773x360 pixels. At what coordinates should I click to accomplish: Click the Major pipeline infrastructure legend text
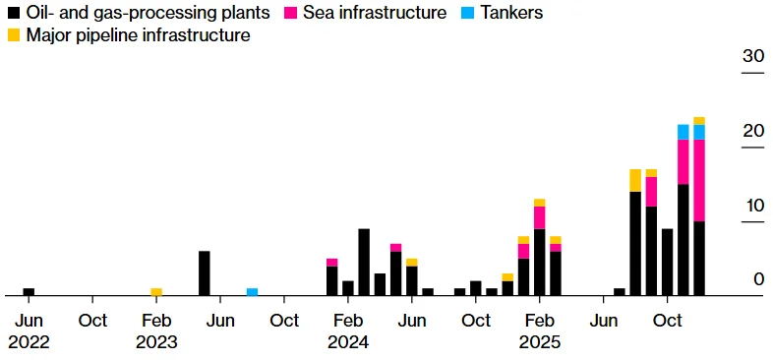point(138,35)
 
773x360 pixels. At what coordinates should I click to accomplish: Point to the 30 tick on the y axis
point(752,57)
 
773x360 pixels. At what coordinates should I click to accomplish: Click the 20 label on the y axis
point(752,131)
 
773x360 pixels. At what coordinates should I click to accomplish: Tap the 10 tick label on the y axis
point(752,206)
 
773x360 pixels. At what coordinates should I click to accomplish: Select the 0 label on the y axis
point(758,279)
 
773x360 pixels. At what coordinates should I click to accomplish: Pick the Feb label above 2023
point(156,321)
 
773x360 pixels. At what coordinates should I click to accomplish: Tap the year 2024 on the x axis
point(348,342)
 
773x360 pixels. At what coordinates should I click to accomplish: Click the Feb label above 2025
point(540,321)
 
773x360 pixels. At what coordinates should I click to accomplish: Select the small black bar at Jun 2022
point(29,291)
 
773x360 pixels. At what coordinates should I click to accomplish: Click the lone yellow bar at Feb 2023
point(156,291)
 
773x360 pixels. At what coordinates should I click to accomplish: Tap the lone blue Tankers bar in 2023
point(252,291)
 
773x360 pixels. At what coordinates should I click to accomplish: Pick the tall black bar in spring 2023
point(204,272)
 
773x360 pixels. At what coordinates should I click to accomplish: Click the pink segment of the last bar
point(699,180)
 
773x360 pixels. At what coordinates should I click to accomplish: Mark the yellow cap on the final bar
point(699,121)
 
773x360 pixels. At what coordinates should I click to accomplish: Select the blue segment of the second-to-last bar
point(684,132)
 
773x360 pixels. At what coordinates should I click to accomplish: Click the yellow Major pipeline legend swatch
point(14,35)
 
